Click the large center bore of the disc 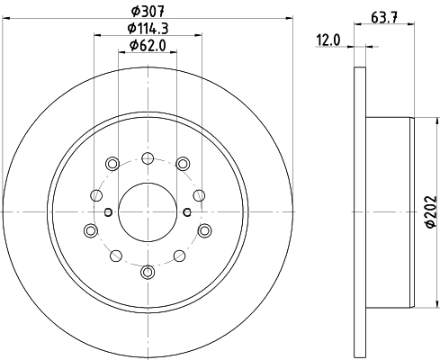pyautogui.click(x=147, y=211)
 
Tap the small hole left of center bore pyautogui.click(x=107, y=211)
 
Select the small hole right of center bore pyautogui.click(x=186, y=211)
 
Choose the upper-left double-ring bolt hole pyautogui.click(x=112, y=163)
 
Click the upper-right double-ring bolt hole pyautogui.click(x=183, y=163)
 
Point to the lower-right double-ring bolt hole pyautogui.click(x=204, y=230)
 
